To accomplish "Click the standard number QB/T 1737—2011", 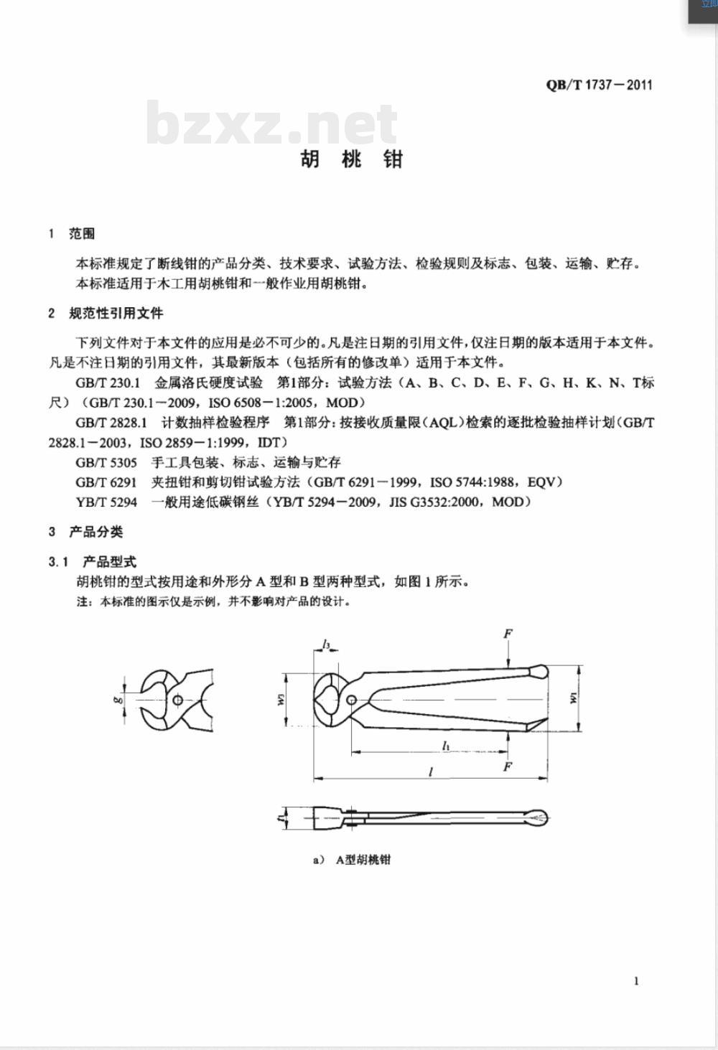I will point(599,85).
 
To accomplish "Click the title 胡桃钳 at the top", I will point(352,159).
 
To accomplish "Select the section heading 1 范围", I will point(72,234).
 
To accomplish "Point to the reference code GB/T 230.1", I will point(108,383).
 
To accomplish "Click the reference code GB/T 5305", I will point(106,462).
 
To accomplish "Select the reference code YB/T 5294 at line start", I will point(106,502).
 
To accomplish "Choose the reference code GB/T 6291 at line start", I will point(106,482).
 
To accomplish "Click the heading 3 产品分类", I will point(86,532).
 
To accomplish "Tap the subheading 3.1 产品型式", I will point(93,562).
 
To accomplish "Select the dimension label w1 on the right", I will point(574,698).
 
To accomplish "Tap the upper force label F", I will point(508,634).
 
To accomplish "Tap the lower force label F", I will point(508,767).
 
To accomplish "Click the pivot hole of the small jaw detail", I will point(177,700).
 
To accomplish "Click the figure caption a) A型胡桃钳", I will point(352,860).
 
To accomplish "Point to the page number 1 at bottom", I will point(636,981).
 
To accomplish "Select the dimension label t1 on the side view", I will point(279,817).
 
